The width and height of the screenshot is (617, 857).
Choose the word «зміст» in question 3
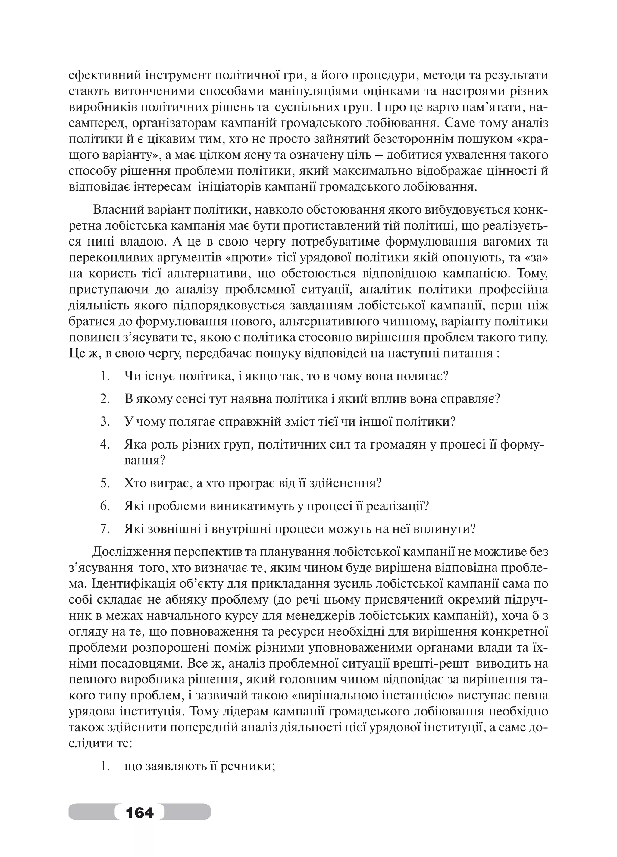(x=264, y=421)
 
